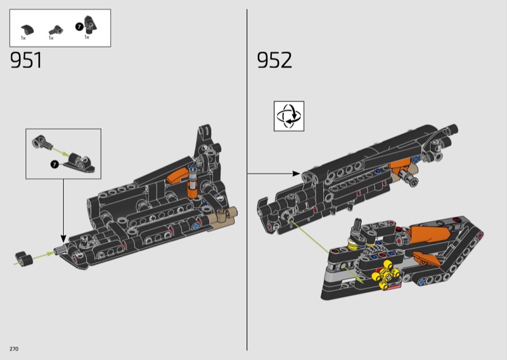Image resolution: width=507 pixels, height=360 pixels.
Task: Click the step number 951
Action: (26, 60)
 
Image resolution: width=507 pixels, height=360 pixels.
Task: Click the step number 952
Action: (274, 60)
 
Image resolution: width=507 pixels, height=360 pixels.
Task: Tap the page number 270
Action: (14, 349)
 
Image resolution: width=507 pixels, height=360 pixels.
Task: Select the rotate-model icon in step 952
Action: (289, 116)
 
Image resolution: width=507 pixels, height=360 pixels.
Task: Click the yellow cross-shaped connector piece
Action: (386, 275)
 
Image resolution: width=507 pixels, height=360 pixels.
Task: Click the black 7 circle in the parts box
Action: (79, 27)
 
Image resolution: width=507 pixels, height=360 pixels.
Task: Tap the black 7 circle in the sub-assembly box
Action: (55, 164)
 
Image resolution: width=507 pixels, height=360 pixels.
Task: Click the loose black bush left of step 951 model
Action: (24, 259)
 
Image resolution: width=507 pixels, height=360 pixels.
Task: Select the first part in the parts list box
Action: (27, 29)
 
